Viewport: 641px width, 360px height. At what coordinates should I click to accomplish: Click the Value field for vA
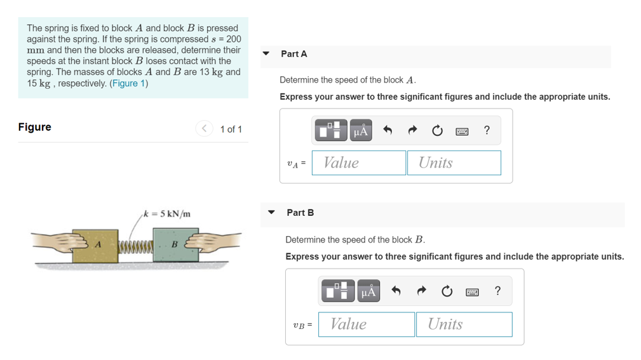[x=359, y=163]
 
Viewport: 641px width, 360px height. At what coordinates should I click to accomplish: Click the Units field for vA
[x=454, y=163]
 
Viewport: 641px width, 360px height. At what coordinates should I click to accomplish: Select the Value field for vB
[x=367, y=324]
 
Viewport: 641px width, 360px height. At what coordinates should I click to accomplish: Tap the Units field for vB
[x=464, y=324]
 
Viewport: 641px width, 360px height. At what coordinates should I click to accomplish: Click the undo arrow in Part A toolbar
[x=388, y=130]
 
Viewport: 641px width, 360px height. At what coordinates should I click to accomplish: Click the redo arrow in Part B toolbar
[x=421, y=291]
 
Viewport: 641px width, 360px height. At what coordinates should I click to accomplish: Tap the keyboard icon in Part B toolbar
[x=472, y=292]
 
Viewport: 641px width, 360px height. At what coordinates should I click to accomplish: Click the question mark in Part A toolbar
[x=487, y=130]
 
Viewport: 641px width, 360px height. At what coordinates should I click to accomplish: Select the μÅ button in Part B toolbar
[x=368, y=291]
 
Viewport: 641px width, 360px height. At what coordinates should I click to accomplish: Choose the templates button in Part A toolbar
[x=331, y=130]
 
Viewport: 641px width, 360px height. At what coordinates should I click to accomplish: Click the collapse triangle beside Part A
[x=266, y=53]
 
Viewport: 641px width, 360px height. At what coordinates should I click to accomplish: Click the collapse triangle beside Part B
[x=271, y=212]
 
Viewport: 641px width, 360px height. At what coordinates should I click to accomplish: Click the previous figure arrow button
[x=204, y=128]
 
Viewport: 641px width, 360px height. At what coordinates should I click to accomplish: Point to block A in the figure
[x=95, y=246]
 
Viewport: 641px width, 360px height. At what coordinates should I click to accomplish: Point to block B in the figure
[x=176, y=245]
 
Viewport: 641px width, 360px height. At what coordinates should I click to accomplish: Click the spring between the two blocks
[x=136, y=246]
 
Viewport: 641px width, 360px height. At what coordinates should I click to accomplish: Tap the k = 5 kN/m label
[x=167, y=214]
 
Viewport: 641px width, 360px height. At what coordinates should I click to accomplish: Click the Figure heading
[x=35, y=127]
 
